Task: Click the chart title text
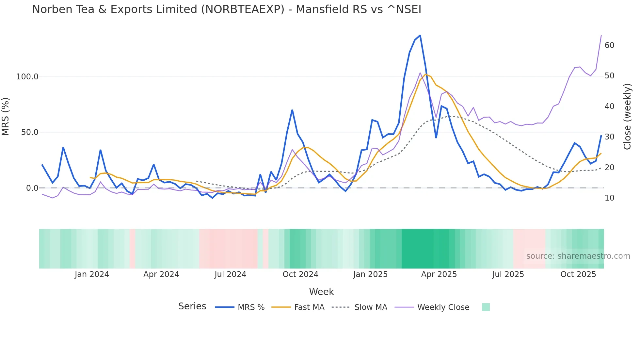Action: tap(227, 9)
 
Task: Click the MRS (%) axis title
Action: tap(6, 116)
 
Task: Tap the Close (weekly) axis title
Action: tap(627, 117)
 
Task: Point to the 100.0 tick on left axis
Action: tap(27, 77)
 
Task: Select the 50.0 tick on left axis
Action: tap(30, 132)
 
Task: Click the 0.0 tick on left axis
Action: tap(32, 188)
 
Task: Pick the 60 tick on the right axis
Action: tap(609, 45)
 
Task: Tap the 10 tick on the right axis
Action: tap(609, 198)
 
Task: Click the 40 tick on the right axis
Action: tap(609, 106)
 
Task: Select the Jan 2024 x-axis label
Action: tap(92, 274)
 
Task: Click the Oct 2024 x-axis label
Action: tap(300, 274)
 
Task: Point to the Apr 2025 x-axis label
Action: tap(439, 274)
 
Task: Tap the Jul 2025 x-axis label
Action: tap(508, 274)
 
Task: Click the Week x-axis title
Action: tap(321, 292)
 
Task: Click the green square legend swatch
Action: tap(486, 307)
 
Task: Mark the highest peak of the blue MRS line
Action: tap(420, 35)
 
